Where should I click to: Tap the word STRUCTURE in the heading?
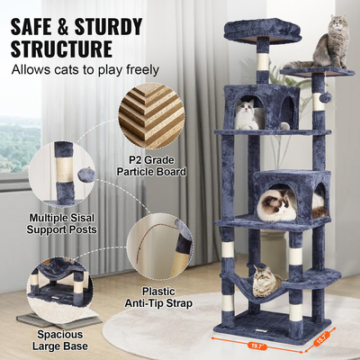click(62, 47)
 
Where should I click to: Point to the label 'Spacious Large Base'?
click(59, 342)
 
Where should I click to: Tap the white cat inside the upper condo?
click(247, 115)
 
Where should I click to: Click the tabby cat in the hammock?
click(264, 281)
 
